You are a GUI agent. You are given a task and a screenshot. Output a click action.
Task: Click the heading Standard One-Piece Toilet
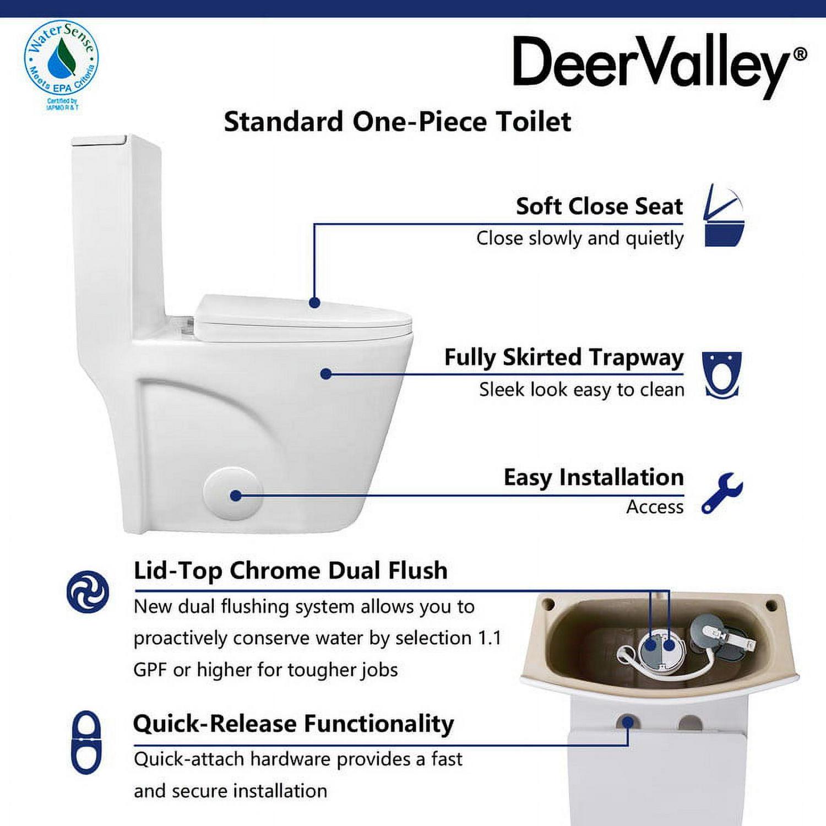[x=397, y=122]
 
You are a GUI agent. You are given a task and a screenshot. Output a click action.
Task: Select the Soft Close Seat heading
[x=599, y=206]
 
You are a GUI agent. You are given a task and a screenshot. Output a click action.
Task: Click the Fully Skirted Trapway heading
[x=564, y=358]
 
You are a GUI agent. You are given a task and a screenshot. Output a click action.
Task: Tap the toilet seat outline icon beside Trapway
[x=722, y=374]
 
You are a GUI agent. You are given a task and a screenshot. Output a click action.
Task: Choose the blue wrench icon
[x=722, y=493]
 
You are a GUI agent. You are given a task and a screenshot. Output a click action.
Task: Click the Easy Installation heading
[x=594, y=477]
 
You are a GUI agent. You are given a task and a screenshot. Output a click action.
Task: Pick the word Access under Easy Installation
[x=655, y=507]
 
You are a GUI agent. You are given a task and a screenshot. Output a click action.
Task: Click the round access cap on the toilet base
[x=231, y=493]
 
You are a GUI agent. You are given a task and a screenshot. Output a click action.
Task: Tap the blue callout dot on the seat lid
[x=314, y=302]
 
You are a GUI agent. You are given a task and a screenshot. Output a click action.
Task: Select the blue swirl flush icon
[x=88, y=591]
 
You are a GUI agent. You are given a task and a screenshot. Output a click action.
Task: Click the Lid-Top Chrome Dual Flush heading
[x=290, y=570]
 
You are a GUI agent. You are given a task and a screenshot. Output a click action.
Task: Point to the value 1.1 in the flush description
[x=490, y=638]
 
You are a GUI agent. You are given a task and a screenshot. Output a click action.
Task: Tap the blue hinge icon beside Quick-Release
[x=86, y=742]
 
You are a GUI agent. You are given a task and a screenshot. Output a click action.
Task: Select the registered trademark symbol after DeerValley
[x=800, y=53]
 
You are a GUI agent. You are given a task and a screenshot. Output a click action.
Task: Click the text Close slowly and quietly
[x=580, y=238]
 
